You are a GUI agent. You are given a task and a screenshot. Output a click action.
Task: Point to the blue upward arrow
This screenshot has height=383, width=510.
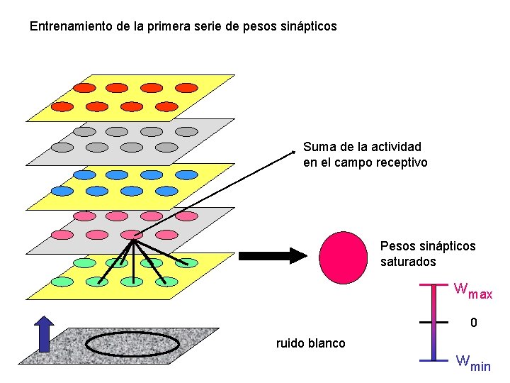45,334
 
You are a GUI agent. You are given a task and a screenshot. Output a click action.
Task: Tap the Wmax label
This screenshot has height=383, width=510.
473,290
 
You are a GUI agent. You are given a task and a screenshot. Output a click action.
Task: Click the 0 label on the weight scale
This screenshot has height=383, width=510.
474,323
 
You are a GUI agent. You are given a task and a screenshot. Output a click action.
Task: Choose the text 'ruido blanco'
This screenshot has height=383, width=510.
310,343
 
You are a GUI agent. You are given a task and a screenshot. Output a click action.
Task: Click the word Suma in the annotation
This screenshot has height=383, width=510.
318,147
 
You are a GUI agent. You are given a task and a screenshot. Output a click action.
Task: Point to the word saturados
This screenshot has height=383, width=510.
408,262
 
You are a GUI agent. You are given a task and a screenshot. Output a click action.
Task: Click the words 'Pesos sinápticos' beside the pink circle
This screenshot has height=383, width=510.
428,246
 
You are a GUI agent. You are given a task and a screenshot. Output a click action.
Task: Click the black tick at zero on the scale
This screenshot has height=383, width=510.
434,322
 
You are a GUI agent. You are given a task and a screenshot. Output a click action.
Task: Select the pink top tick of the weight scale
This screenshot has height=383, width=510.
434,284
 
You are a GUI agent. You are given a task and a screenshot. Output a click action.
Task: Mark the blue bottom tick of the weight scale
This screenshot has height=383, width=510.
434,360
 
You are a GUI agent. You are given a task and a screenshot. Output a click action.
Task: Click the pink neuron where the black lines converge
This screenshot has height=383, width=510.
132,235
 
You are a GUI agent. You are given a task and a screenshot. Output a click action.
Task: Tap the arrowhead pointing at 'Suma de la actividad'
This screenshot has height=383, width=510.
295,150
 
